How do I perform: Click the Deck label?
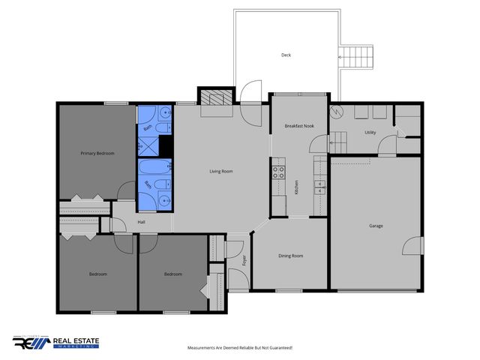tap(286, 55)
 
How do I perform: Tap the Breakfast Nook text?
tap(299, 127)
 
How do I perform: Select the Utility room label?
tap(370, 132)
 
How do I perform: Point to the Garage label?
tap(376, 225)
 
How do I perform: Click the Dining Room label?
tap(291, 256)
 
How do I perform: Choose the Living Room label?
tap(220, 172)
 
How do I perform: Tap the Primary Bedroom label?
tap(97, 154)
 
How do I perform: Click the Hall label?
tap(141, 222)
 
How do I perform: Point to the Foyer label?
tap(244, 260)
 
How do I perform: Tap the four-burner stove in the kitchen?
tap(278, 169)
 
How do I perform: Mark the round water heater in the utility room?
tap(337, 113)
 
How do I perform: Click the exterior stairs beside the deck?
tap(357, 57)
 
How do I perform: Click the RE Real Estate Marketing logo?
tap(55, 343)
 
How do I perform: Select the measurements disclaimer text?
tap(239, 348)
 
